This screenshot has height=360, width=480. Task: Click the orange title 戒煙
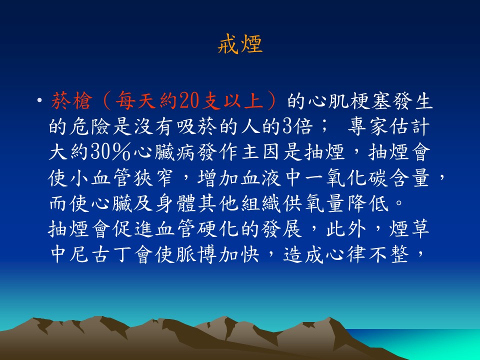pyautogui.click(x=240, y=44)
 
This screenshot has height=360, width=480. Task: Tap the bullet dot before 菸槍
pyautogui.click(x=39, y=100)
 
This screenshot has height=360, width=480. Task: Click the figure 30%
pyautogui.click(x=111, y=152)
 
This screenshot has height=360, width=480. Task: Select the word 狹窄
pyautogui.click(x=153, y=177)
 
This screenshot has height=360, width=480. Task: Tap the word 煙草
pyautogui.click(x=409, y=229)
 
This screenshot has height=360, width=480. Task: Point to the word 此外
pyautogui.click(x=346, y=229)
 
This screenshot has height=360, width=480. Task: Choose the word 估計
pyautogui.click(x=409, y=126)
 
